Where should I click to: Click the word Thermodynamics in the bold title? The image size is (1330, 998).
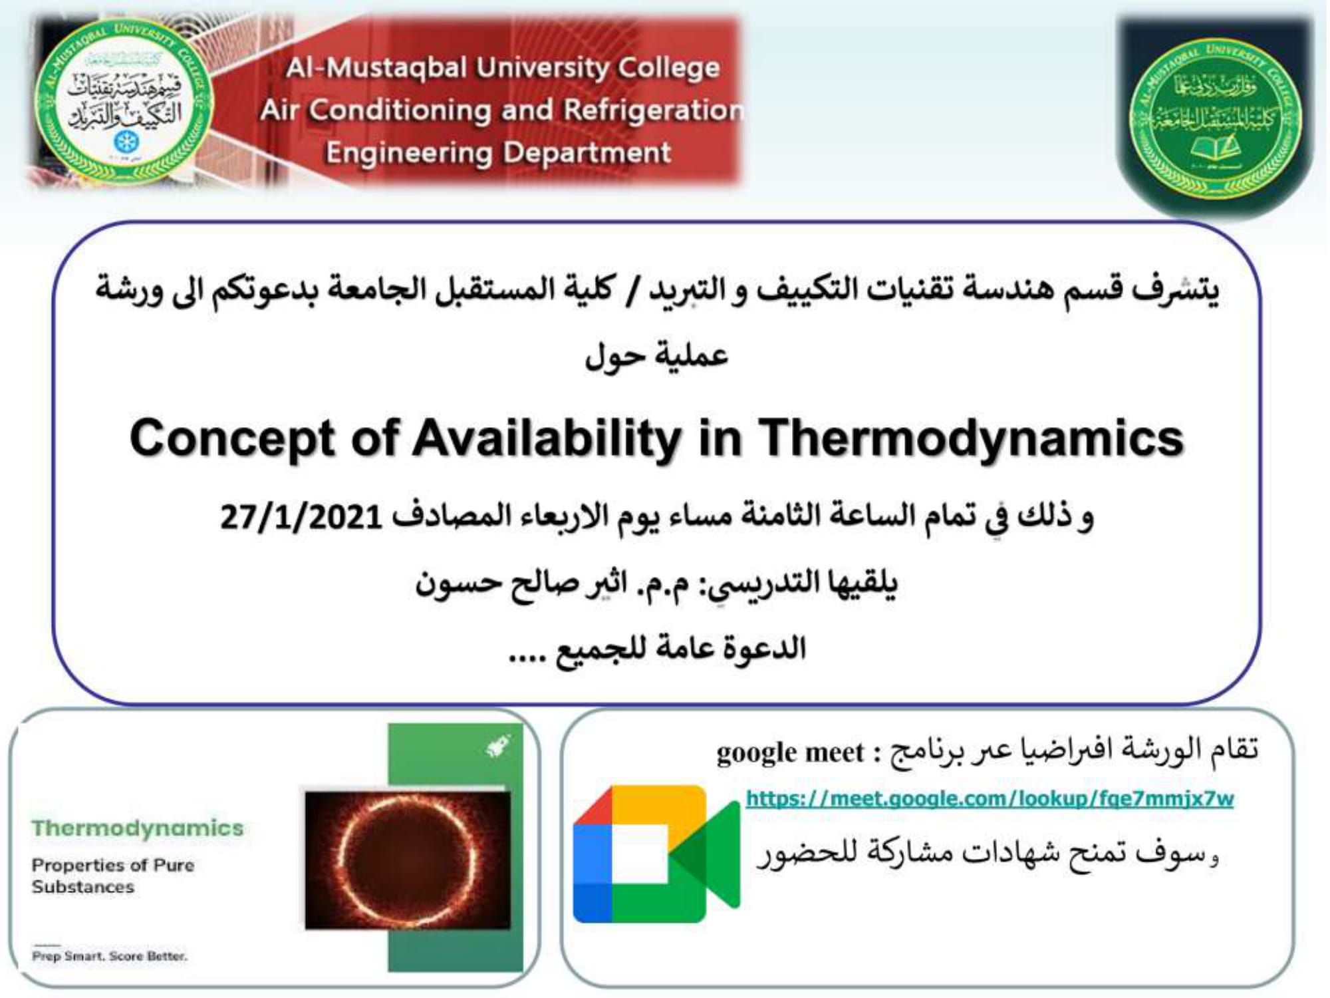tap(971, 439)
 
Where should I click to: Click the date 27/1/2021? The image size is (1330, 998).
tap(301, 517)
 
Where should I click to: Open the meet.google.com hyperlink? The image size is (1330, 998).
tap(990, 798)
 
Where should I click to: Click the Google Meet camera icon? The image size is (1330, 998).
tap(655, 854)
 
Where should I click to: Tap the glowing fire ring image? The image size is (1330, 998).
tap(407, 860)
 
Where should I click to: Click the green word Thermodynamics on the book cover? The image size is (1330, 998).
tap(138, 828)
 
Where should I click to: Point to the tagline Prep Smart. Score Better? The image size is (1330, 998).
tap(110, 956)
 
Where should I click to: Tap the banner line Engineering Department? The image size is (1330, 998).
tap(498, 153)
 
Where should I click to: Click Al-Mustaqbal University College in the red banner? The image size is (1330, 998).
tap(503, 67)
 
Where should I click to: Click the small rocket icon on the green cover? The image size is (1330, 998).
tap(497, 747)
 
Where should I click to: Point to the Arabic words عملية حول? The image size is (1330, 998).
tap(656, 356)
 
